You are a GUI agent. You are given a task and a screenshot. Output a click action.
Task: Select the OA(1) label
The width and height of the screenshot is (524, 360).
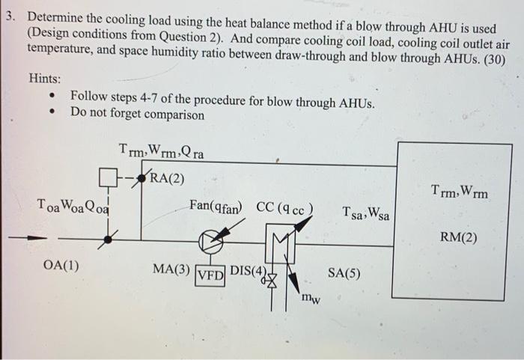tap(63, 265)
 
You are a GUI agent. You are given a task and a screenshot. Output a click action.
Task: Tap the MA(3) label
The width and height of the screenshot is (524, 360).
tap(171, 268)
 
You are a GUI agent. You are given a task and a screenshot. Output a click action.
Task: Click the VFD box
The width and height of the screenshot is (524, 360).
tap(210, 275)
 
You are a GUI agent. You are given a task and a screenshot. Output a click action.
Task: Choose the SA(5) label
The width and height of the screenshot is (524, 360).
tap(344, 273)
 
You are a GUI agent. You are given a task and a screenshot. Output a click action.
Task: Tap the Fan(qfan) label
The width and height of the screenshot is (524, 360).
tap(217, 207)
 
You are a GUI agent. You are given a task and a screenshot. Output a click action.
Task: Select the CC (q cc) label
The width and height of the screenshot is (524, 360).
tap(284, 207)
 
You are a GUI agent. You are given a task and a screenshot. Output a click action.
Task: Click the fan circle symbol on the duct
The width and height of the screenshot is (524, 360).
tap(210, 241)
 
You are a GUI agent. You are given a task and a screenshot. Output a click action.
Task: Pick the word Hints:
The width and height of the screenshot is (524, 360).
tap(45, 78)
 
